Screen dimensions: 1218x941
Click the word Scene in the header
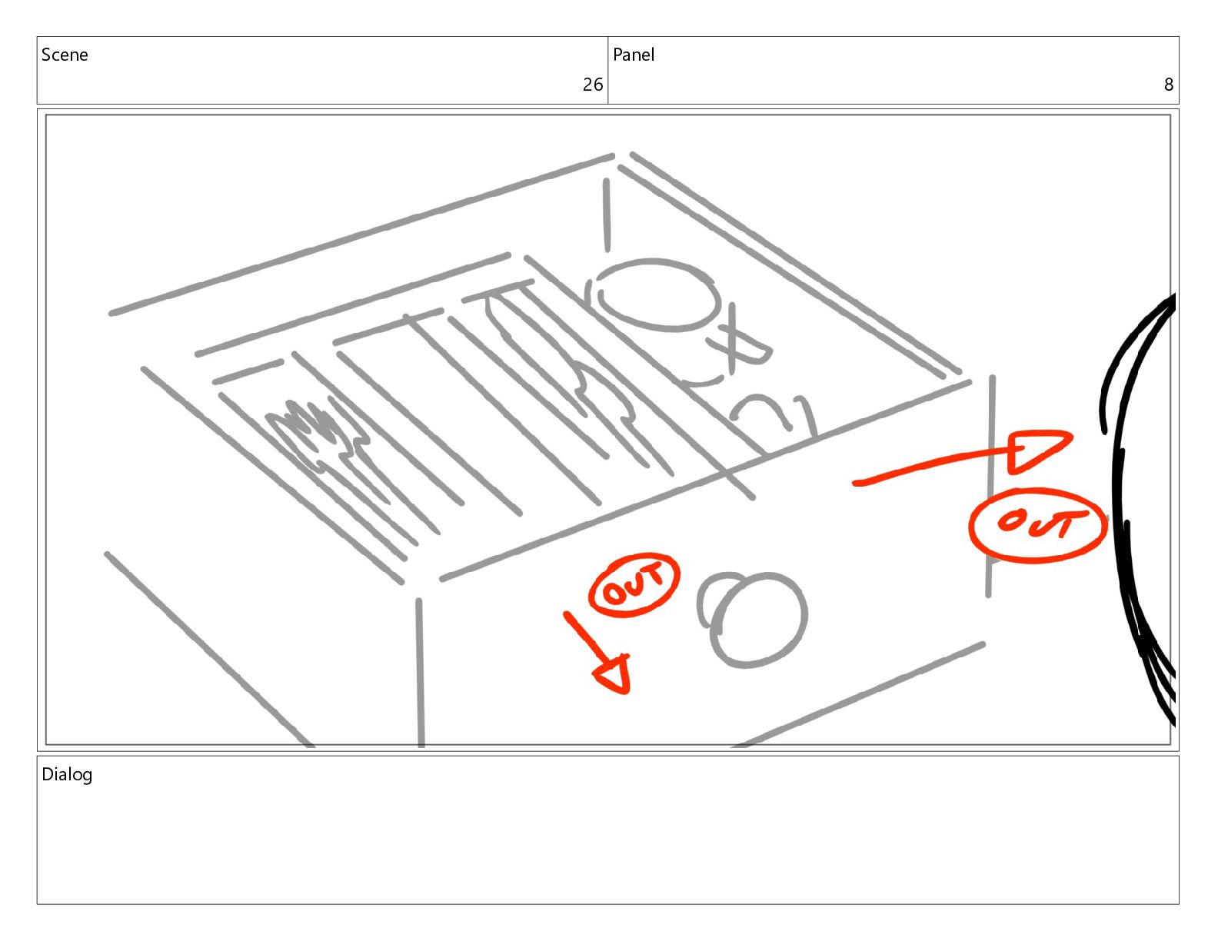click(x=65, y=55)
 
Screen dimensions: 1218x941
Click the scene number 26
click(x=592, y=84)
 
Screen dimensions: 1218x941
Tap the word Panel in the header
click(x=634, y=55)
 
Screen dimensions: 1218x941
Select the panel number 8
click(x=1168, y=84)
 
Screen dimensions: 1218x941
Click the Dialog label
click(x=67, y=775)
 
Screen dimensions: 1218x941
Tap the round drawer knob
click(x=752, y=619)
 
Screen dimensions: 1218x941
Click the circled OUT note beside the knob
click(x=634, y=585)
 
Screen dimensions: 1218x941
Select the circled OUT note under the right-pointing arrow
click(x=1037, y=525)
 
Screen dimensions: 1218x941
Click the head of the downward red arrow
click(x=615, y=674)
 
